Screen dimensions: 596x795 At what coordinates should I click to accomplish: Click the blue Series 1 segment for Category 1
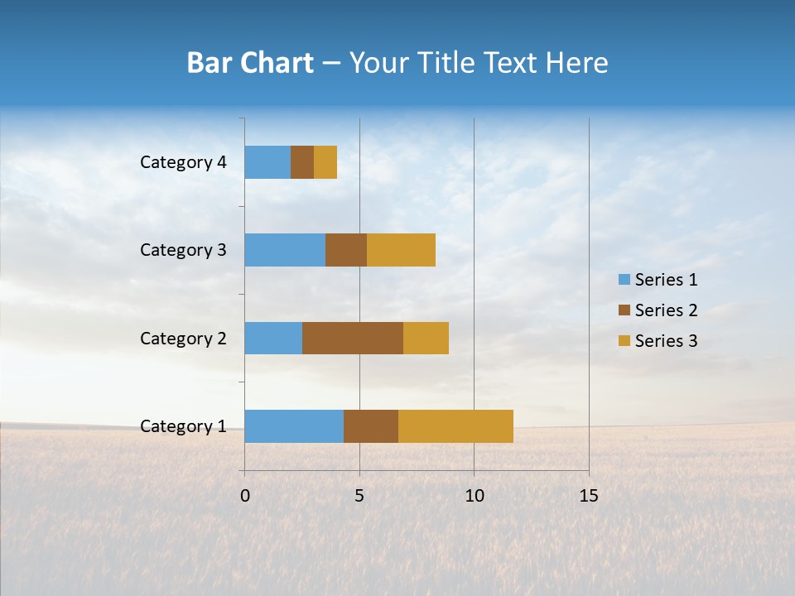pos(294,426)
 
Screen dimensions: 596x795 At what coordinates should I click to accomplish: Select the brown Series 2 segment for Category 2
pos(353,338)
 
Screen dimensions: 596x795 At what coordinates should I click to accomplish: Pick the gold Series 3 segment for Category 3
pos(401,250)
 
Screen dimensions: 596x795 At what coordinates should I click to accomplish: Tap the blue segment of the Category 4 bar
pos(267,162)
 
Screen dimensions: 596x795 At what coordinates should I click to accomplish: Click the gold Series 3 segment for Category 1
pos(455,426)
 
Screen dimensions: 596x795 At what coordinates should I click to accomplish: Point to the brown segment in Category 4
pos(302,162)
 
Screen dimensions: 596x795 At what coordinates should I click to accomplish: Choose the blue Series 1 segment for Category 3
pos(285,250)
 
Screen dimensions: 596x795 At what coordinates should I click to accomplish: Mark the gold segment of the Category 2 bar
pos(426,338)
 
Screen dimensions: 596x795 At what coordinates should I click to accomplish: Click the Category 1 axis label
pos(183,426)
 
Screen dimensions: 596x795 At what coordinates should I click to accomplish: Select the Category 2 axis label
pos(183,339)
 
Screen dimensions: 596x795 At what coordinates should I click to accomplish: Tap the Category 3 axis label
pos(183,250)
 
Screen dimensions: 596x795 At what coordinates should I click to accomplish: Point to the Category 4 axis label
pos(183,162)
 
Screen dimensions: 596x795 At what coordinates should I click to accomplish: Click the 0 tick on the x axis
pos(245,496)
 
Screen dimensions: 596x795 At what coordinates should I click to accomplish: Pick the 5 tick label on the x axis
pos(359,496)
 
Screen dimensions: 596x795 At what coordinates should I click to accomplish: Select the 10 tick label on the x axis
pos(474,496)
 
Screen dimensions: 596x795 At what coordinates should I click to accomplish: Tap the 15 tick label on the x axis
pos(588,496)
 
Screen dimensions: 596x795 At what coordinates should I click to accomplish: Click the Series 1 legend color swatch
pos(624,280)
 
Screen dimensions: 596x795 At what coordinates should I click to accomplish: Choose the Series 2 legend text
pos(666,310)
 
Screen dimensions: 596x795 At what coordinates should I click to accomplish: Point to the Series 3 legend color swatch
pos(624,341)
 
